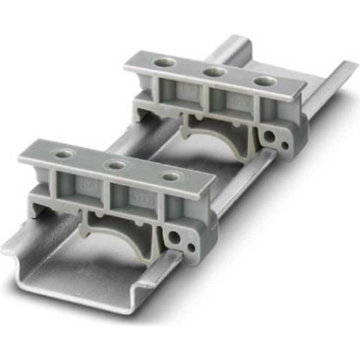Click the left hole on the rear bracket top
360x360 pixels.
coord(165,62)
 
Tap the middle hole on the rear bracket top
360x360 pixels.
coord(214,72)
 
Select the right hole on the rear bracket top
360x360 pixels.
coord(265,81)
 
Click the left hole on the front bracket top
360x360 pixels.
coord(65,152)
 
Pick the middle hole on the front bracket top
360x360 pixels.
coord(115,165)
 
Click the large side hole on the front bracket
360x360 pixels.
coord(174,237)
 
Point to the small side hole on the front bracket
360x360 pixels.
coord(191,247)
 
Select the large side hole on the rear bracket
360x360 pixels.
coord(269,137)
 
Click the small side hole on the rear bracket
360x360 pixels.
coord(285,145)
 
